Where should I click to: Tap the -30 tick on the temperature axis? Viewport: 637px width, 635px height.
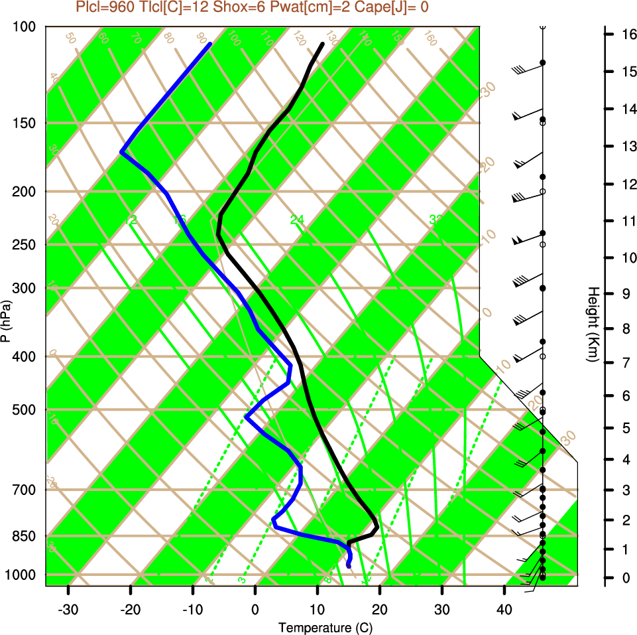[x=68, y=609]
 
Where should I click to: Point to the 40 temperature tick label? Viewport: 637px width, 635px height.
[x=504, y=609]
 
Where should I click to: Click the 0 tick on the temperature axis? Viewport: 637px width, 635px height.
[x=255, y=609]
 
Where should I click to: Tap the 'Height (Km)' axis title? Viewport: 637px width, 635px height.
[x=593, y=324]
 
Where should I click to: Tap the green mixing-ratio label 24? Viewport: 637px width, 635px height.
[x=297, y=220]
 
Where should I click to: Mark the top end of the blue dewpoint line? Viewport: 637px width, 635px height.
[x=210, y=44]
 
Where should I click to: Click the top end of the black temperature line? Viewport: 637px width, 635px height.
[x=322, y=44]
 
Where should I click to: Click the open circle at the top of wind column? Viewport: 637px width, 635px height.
[x=542, y=27]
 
